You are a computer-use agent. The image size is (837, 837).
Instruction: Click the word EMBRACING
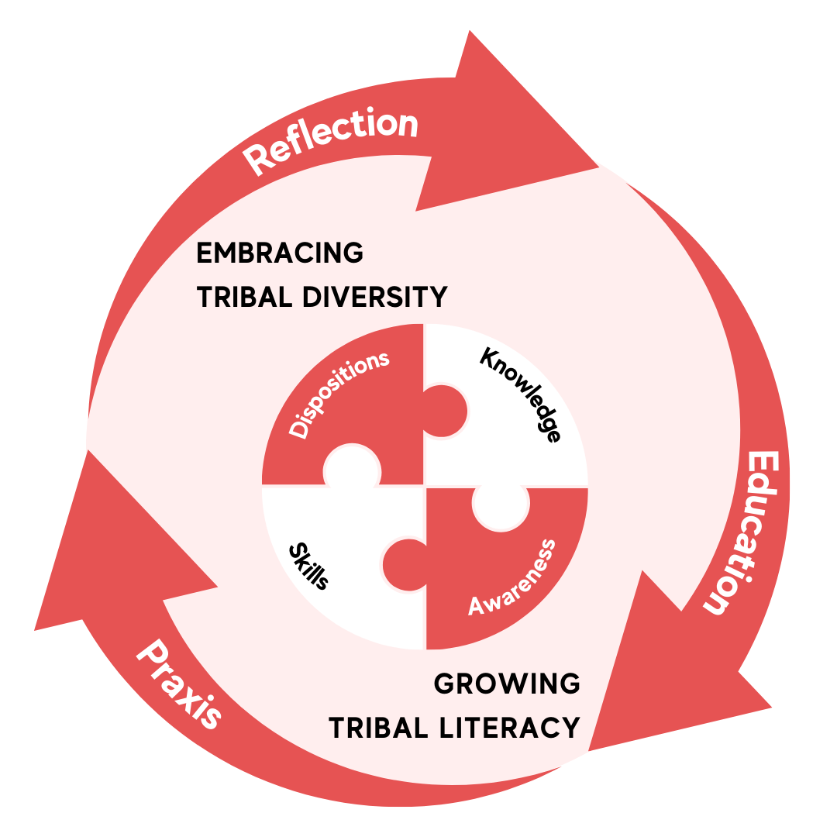click(280, 253)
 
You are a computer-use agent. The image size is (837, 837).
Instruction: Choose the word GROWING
click(507, 684)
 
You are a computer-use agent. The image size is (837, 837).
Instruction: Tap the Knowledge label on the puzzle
click(521, 394)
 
